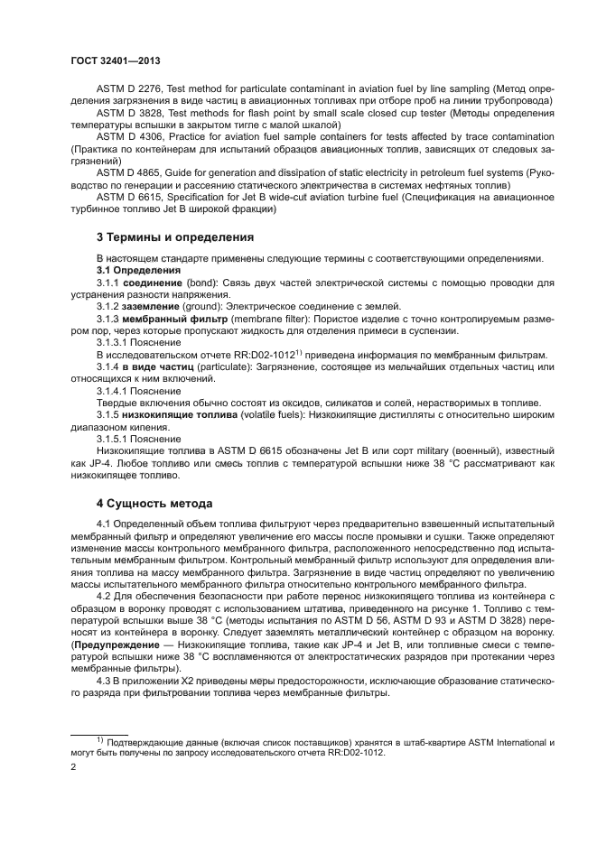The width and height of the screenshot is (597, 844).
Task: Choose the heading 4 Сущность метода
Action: pos(159,503)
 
